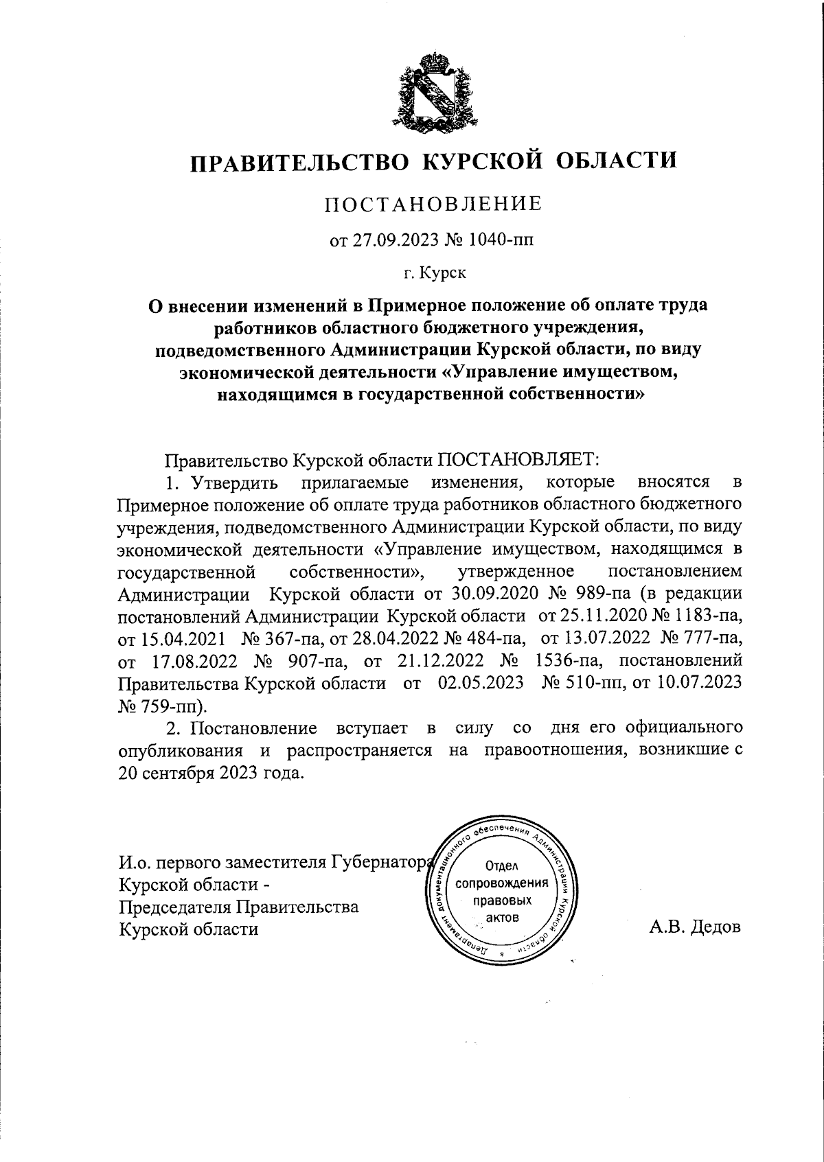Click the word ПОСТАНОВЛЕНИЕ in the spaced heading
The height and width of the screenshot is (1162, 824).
tap(433, 204)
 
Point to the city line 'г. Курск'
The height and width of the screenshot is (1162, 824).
tap(434, 274)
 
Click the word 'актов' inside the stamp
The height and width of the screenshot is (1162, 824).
tap(502, 918)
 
